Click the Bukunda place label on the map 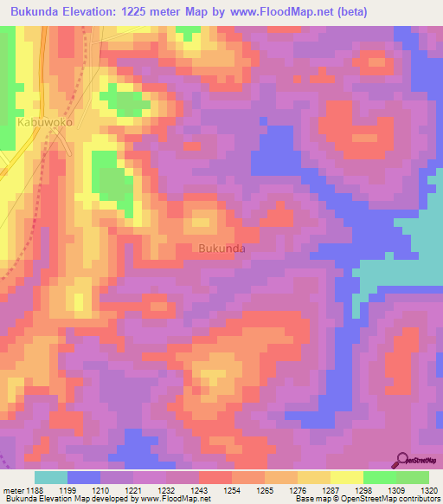click(222, 249)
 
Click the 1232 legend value click(170, 490)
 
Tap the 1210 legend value click(106, 490)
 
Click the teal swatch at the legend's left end click(50, 477)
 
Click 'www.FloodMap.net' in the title click(279, 12)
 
